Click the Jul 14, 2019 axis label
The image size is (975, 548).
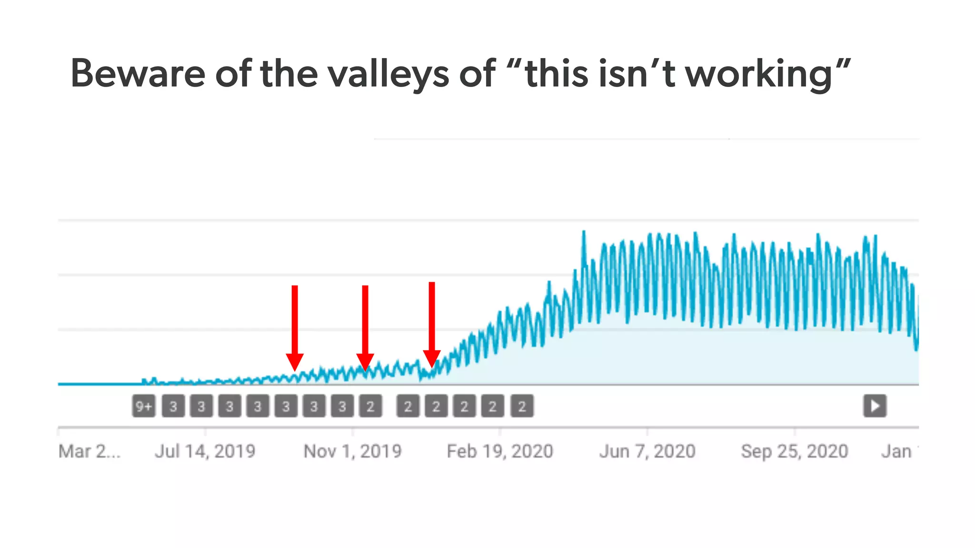coord(205,451)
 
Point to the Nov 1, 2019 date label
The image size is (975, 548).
coord(352,451)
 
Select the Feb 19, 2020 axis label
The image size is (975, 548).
coord(500,451)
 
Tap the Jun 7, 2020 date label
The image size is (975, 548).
coord(647,451)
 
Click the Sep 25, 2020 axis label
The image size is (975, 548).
coord(795,451)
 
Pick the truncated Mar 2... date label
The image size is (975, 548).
coord(89,451)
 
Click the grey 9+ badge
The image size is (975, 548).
coord(144,406)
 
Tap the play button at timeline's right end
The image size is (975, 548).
coord(875,406)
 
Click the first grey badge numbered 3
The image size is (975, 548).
coord(173,406)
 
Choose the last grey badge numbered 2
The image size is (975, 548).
coord(522,406)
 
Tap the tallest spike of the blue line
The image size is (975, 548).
coord(584,233)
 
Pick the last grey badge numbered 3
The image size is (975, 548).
coord(342,406)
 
